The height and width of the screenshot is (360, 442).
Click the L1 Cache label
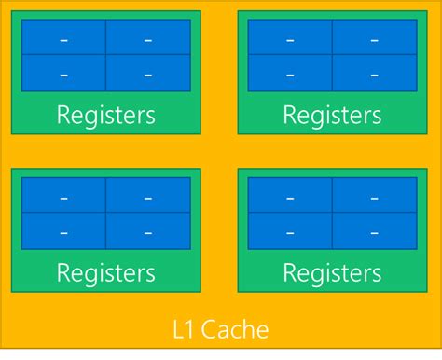(x=221, y=329)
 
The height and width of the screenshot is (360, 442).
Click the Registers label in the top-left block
(x=105, y=116)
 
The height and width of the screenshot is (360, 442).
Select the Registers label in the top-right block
(x=332, y=116)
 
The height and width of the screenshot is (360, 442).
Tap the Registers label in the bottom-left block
(x=105, y=273)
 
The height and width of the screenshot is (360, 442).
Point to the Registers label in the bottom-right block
(x=332, y=273)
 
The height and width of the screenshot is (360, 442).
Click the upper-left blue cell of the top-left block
(x=63, y=38)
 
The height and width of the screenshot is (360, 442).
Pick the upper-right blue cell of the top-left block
(x=148, y=38)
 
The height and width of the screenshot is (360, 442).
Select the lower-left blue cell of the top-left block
(x=63, y=74)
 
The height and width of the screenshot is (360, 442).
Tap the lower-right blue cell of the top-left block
(x=148, y=74)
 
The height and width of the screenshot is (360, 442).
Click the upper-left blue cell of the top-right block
(x=290, y=38)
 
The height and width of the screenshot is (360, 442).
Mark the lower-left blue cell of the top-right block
(x=290, y=74)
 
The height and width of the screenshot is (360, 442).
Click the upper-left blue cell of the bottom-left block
(x=63, y=196)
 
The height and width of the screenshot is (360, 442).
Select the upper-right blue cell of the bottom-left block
(x=148, y=196)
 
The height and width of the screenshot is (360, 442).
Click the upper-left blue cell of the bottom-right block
(x=290, y=196)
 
